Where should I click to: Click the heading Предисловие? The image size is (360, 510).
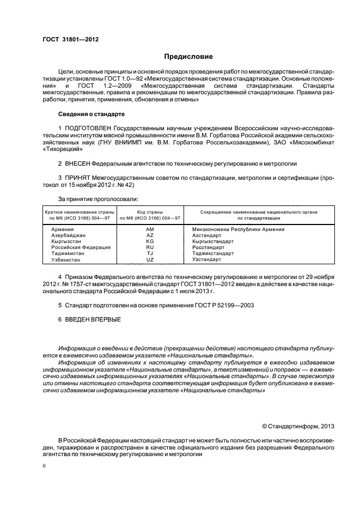[x=188, y=57]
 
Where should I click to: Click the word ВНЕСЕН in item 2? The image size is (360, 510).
[x=78, y=163]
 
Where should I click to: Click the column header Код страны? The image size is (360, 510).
[x=150, y=211]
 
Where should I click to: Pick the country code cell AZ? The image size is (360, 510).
[x=150, y=235]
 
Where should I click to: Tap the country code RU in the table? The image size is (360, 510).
[x=150, y=247]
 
